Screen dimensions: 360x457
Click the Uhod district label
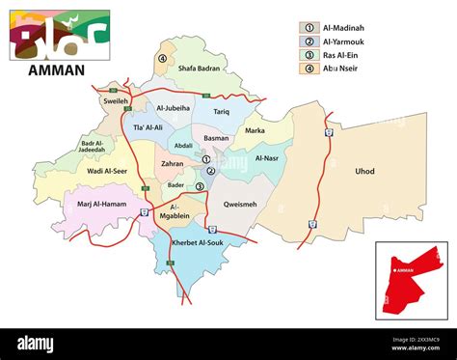364,172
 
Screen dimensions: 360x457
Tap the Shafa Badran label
200,67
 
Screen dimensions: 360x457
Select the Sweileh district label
116,100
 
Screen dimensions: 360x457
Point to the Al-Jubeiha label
173,108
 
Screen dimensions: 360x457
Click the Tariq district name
221,112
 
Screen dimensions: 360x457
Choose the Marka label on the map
255,130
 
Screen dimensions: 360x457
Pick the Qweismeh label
240,205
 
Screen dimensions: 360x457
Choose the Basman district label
217,138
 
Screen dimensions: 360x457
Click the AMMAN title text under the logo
58,69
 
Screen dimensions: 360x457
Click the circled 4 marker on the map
163,59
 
